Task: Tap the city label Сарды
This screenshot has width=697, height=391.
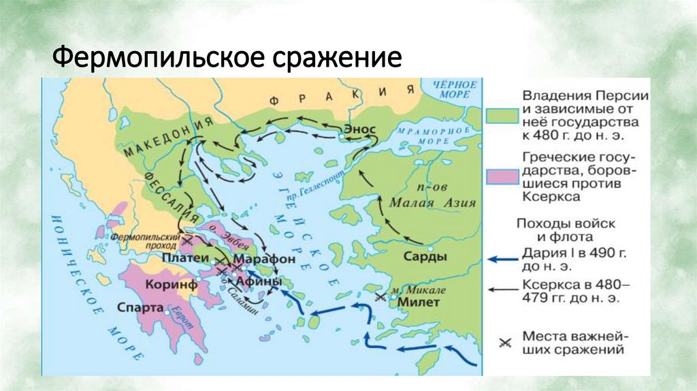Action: pos(425,257)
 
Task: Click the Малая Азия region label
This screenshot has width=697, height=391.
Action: pos(433,202)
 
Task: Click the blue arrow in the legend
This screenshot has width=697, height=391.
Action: pos(502,259)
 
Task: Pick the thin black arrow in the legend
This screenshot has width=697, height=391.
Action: pos(502,289)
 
